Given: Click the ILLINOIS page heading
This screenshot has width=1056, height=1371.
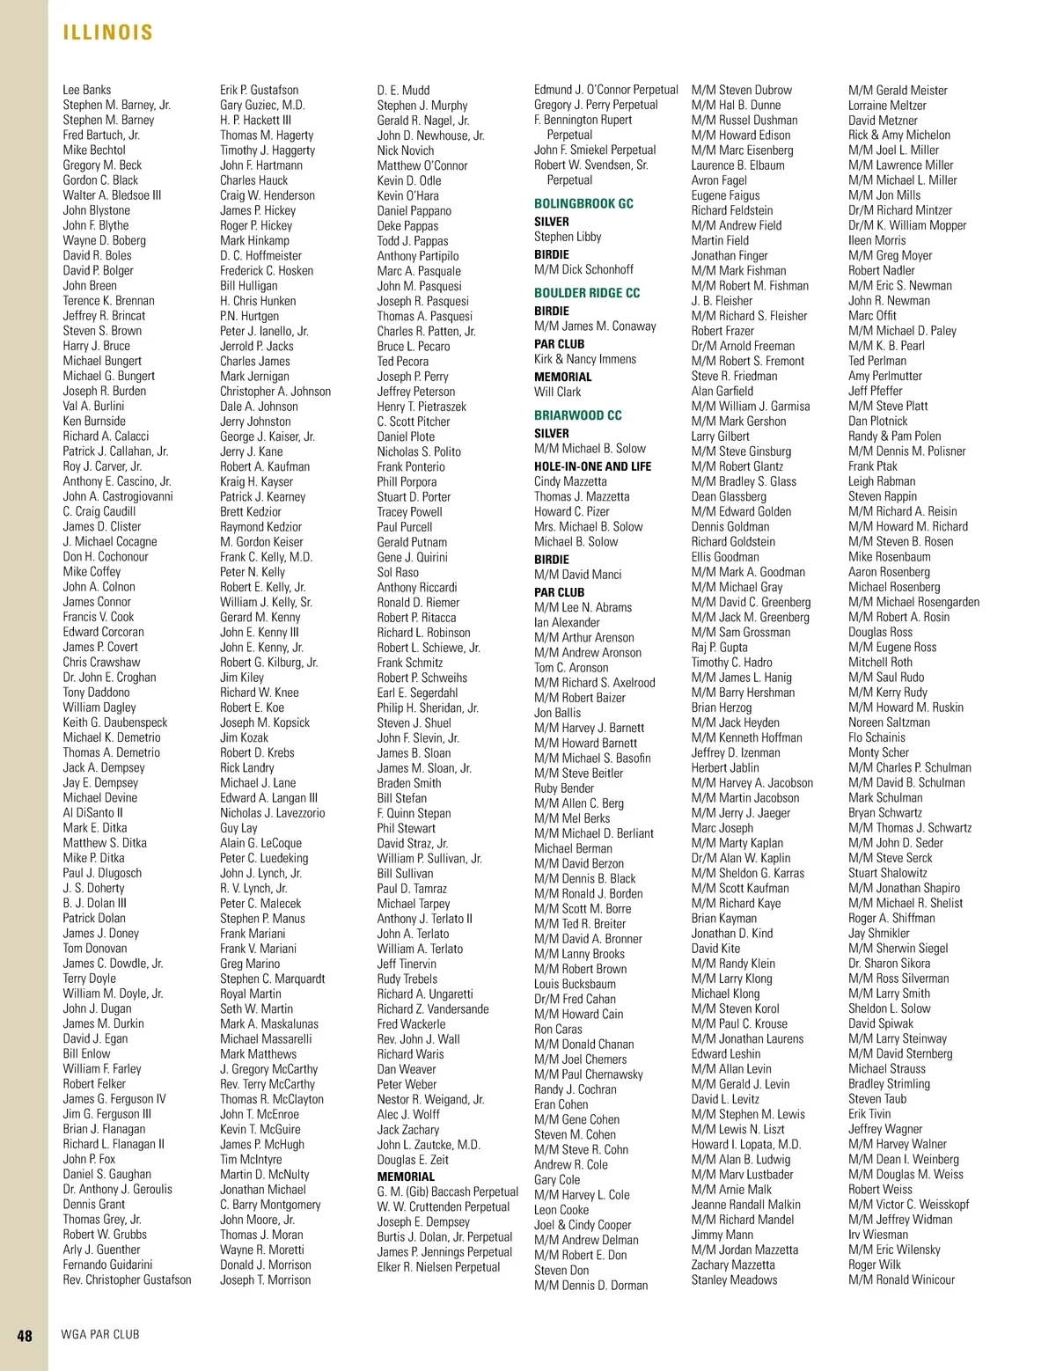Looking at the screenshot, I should [x=107, y=33].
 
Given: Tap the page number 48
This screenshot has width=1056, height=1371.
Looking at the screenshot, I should [x=25, y=1335].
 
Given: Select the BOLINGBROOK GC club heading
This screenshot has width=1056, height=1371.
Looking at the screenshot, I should [x=583, y=203].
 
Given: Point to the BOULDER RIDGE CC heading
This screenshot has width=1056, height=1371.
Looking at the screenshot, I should [x=587, y=293].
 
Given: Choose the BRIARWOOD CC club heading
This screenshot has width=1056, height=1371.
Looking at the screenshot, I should [x=577, y=415].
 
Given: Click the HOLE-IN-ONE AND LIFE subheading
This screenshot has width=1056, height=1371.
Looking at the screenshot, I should [x=592, y=466].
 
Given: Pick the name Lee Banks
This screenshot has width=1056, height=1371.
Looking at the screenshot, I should [x=87, y=90].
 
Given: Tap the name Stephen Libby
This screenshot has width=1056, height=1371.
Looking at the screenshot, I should [x=568, y=237].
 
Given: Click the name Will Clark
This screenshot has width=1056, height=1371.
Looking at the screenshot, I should [x=557, y=392].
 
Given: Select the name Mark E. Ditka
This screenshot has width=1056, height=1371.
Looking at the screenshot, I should [x=95, y=827].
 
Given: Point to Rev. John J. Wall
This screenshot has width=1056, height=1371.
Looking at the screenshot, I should [x=418, y=1038].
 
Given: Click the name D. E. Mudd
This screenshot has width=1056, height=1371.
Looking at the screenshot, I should [x=403, y=90].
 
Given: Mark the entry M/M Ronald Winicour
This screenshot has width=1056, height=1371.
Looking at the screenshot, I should [x=901, y=1279].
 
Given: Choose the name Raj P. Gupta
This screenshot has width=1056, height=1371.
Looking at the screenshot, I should [x=719, y=647].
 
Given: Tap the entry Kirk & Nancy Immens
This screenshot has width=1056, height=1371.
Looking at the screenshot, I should [x=584, y=359].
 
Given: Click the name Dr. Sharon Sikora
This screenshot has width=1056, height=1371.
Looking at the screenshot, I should [x=889, y=963].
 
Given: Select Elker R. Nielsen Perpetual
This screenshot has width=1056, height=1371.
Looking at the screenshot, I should [x=438, y=1267].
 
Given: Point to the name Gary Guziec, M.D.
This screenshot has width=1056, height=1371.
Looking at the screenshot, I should [x=262, y=105].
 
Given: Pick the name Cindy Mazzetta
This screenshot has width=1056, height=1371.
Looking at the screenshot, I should [x=570, y=481].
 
